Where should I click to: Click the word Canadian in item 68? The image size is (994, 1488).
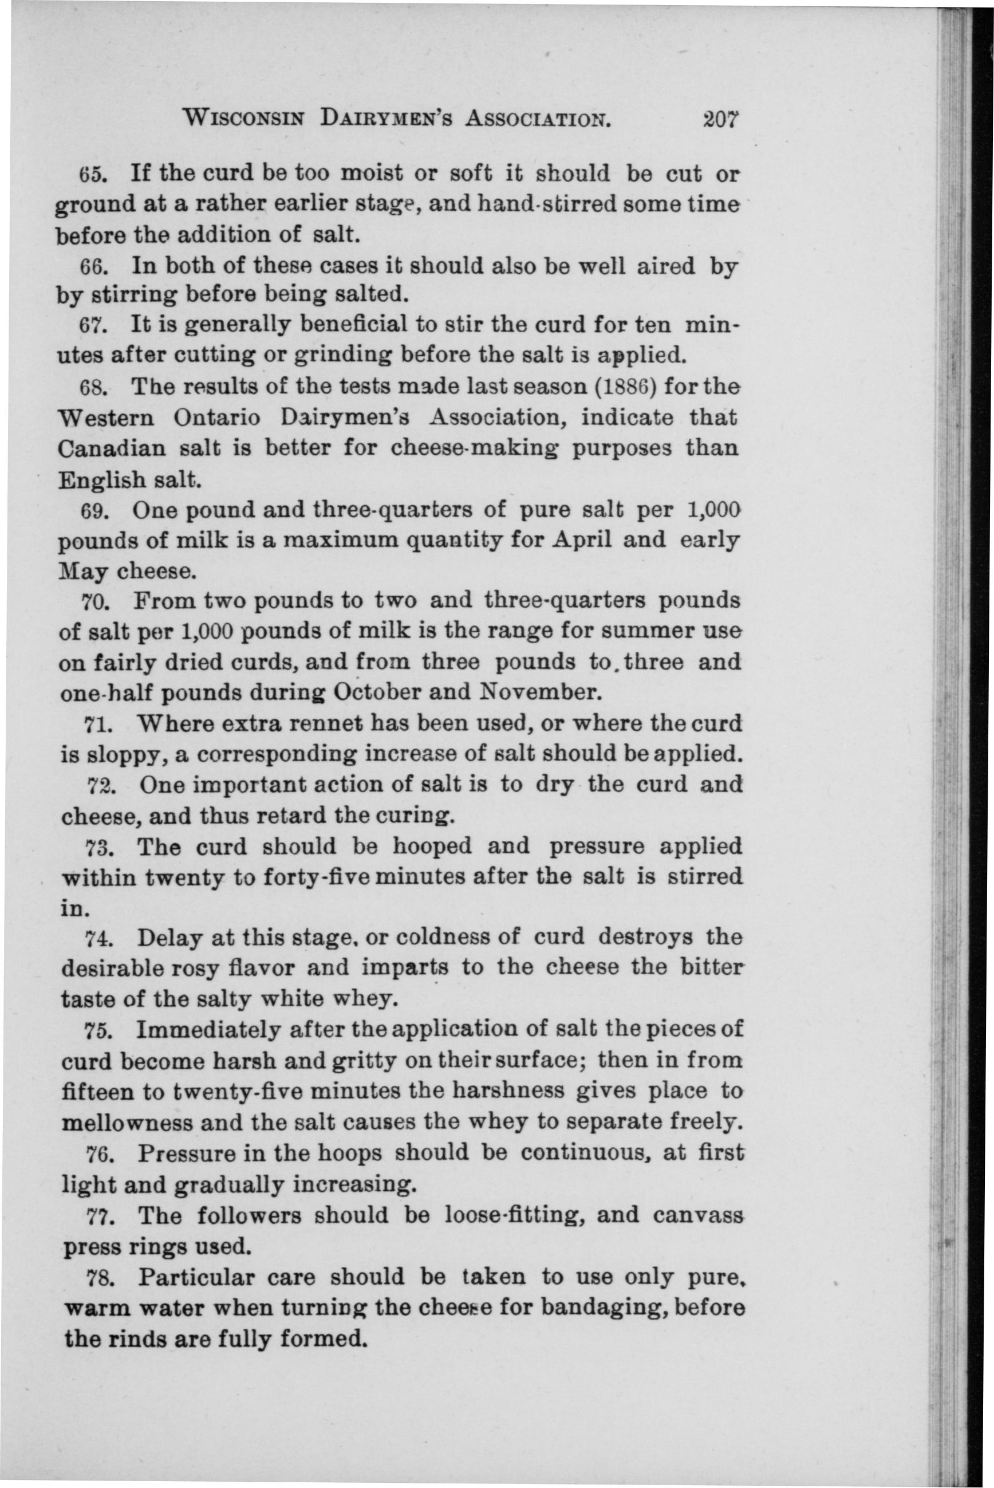[x=112, y=449]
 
